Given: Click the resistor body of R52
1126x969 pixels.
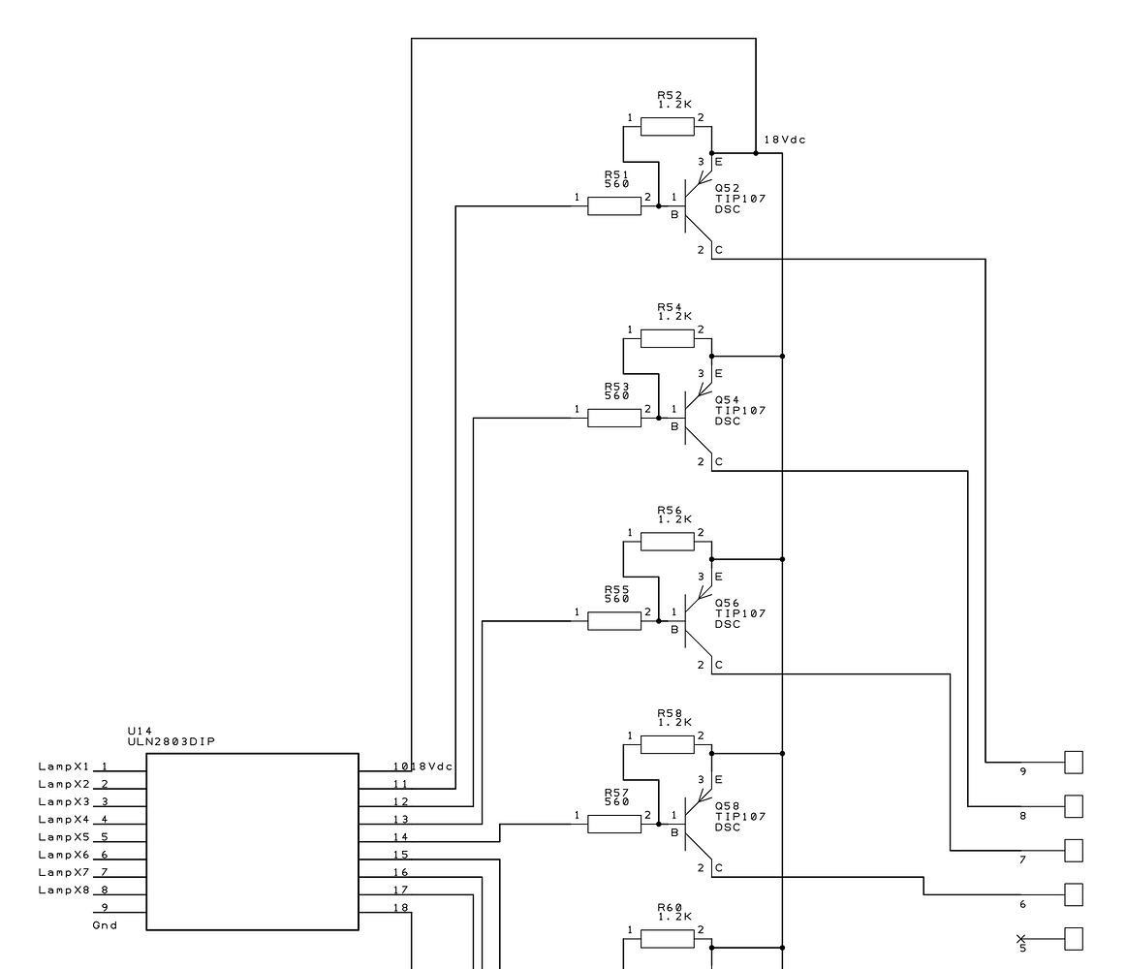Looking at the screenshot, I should [668, 127].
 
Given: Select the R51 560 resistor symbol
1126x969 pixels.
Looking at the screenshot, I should [614, 205].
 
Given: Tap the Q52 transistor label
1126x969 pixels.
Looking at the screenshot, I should [727, 188].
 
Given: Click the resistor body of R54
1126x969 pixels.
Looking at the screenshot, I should [668, 338].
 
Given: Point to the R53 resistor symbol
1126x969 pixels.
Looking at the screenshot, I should [614, 418].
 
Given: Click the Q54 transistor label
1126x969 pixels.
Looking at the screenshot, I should [727, 400].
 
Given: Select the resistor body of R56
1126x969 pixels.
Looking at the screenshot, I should [668, 542].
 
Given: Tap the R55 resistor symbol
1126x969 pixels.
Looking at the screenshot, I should [614, 620].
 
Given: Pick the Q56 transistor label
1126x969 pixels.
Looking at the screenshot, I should [727, 603].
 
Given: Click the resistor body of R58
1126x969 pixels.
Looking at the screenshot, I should [668, 744].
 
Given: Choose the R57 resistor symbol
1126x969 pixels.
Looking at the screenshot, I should [614, 824].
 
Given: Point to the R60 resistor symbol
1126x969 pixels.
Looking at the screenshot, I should [668, 938].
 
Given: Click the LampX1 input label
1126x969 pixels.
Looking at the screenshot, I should [64, 766].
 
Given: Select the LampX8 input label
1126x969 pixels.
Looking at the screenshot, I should [64, 890].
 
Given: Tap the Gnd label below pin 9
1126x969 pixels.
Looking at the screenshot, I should [105, 925].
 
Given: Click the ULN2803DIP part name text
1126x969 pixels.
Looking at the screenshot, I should [172, 742].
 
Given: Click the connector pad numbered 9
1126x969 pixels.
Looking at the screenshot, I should [1074, 763].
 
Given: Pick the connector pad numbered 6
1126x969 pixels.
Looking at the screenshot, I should [1074, 894].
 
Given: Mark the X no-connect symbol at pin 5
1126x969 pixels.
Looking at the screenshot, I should [1021, 938].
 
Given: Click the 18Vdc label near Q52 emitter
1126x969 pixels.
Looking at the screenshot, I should [785, 141].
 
